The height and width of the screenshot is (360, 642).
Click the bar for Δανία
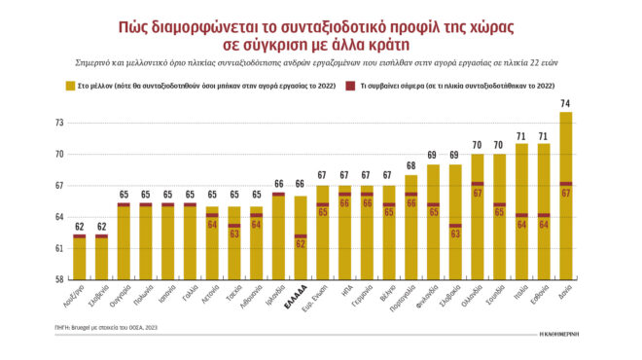pyautogui.click(x=565, y=195)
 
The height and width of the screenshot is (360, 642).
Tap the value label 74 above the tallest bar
pyautogui.click(x=565, y=104)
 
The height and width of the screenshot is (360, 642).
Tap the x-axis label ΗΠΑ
pyautogui.click(x=347, y=291)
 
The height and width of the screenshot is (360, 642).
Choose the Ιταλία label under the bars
pyautogui.click(x=523, y=293)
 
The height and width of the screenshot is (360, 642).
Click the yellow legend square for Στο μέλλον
pyautogui.click(x=70, y=87)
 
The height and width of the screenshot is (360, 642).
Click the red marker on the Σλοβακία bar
pyautogui.click(x=455, y=226)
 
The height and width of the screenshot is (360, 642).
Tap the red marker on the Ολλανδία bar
pyautogui.click(x=478, y=183)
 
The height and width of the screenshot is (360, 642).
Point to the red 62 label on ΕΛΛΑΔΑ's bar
pyautogui.click(x=301, y=244)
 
